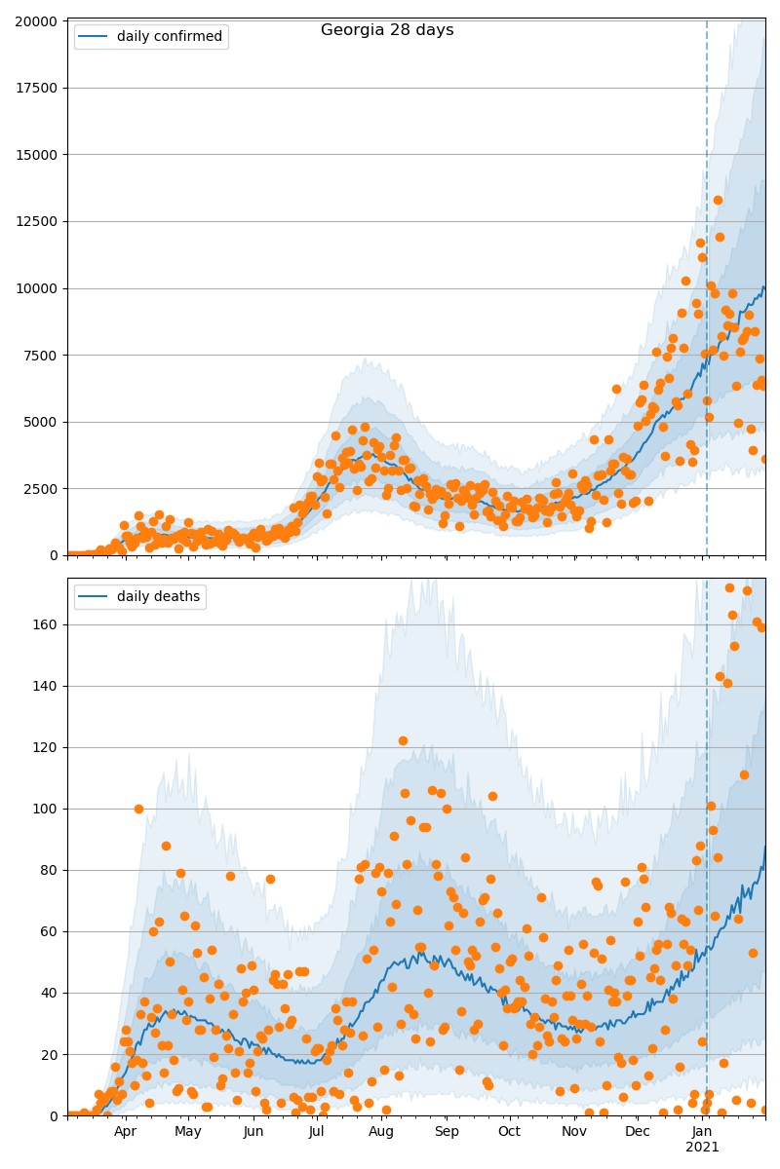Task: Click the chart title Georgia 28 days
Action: click(x=387, y=30)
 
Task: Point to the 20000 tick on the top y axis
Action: click(x=38, y=20)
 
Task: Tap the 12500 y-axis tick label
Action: click(x=38, y=221)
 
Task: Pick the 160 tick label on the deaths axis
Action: click(x=46, y=624)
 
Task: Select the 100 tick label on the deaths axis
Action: click(x=46, y=809)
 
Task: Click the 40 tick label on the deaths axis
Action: click(x=50, y=993)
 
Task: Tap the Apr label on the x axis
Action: click(x=125, y=1132)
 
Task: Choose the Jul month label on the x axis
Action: click(x=316, y=1132)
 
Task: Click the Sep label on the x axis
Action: click(x=447, y=1132)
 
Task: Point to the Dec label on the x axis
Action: click(x=638, y=1132)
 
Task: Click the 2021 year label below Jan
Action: click(x=702, y=1148)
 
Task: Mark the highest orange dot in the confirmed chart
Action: click(x=718, y=200)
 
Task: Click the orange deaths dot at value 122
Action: click(x=403, y=740)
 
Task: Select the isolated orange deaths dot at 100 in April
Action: click(x=138, y=809)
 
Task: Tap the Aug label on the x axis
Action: click(x=381, y=1132)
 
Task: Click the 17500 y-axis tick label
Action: click(x=38, y=88)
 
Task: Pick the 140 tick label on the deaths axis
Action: click(x=46, y=686)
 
